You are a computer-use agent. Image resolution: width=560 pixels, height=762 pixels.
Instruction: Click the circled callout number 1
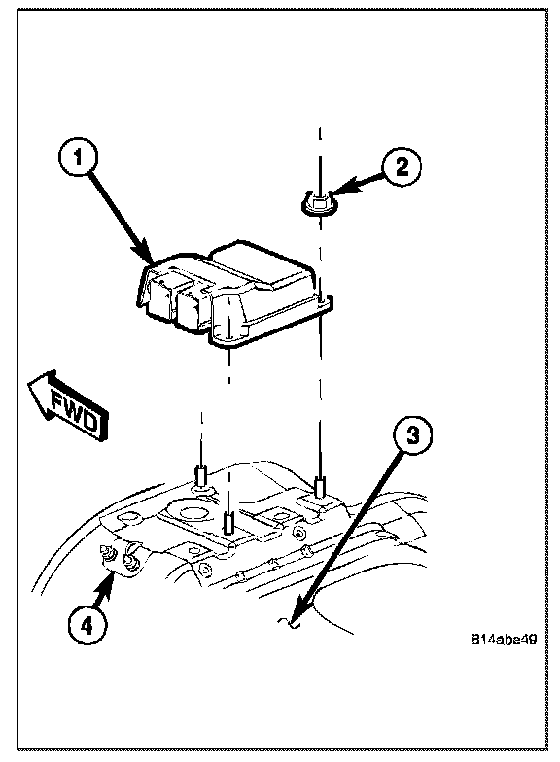point(78,157)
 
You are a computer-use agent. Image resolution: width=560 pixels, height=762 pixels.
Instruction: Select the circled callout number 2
point(401,167)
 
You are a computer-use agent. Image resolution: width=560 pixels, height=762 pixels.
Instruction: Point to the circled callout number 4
point(87,626)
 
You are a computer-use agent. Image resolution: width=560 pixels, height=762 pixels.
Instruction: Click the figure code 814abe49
point(504,640)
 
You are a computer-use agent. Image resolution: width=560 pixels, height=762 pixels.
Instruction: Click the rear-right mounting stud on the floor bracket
point(319,488)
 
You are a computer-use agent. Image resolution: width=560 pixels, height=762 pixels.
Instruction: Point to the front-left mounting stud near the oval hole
point(201,476)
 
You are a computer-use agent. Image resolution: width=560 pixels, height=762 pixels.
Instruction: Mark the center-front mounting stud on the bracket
point(228,523)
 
